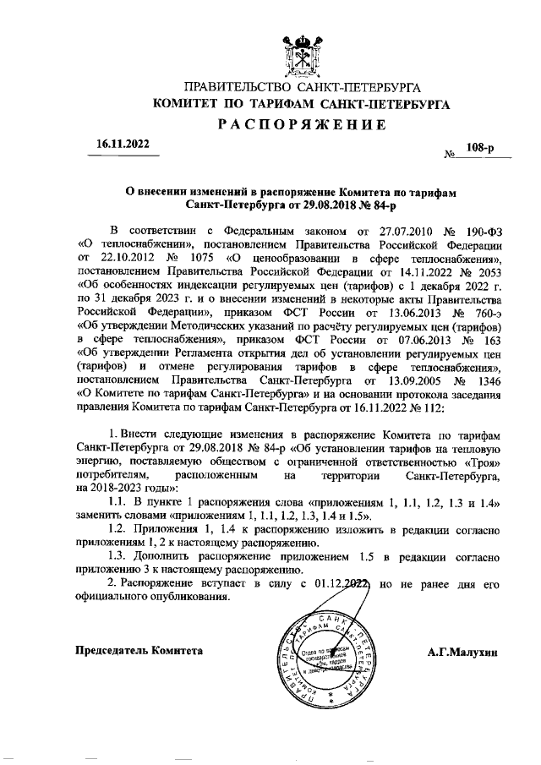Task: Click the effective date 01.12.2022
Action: [x=338, y=584]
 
